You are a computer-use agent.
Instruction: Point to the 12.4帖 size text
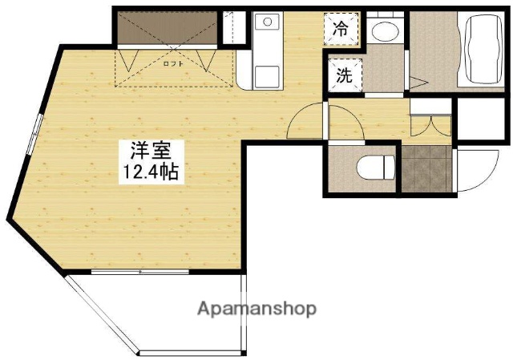click(149, 170)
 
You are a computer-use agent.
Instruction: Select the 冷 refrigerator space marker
click(341, 30)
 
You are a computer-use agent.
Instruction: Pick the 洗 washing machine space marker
click(344, 77)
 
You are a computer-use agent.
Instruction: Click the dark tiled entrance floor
click(424, 169)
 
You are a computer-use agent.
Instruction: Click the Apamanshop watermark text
click(256, 308)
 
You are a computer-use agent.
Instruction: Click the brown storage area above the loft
click(165, 30)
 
